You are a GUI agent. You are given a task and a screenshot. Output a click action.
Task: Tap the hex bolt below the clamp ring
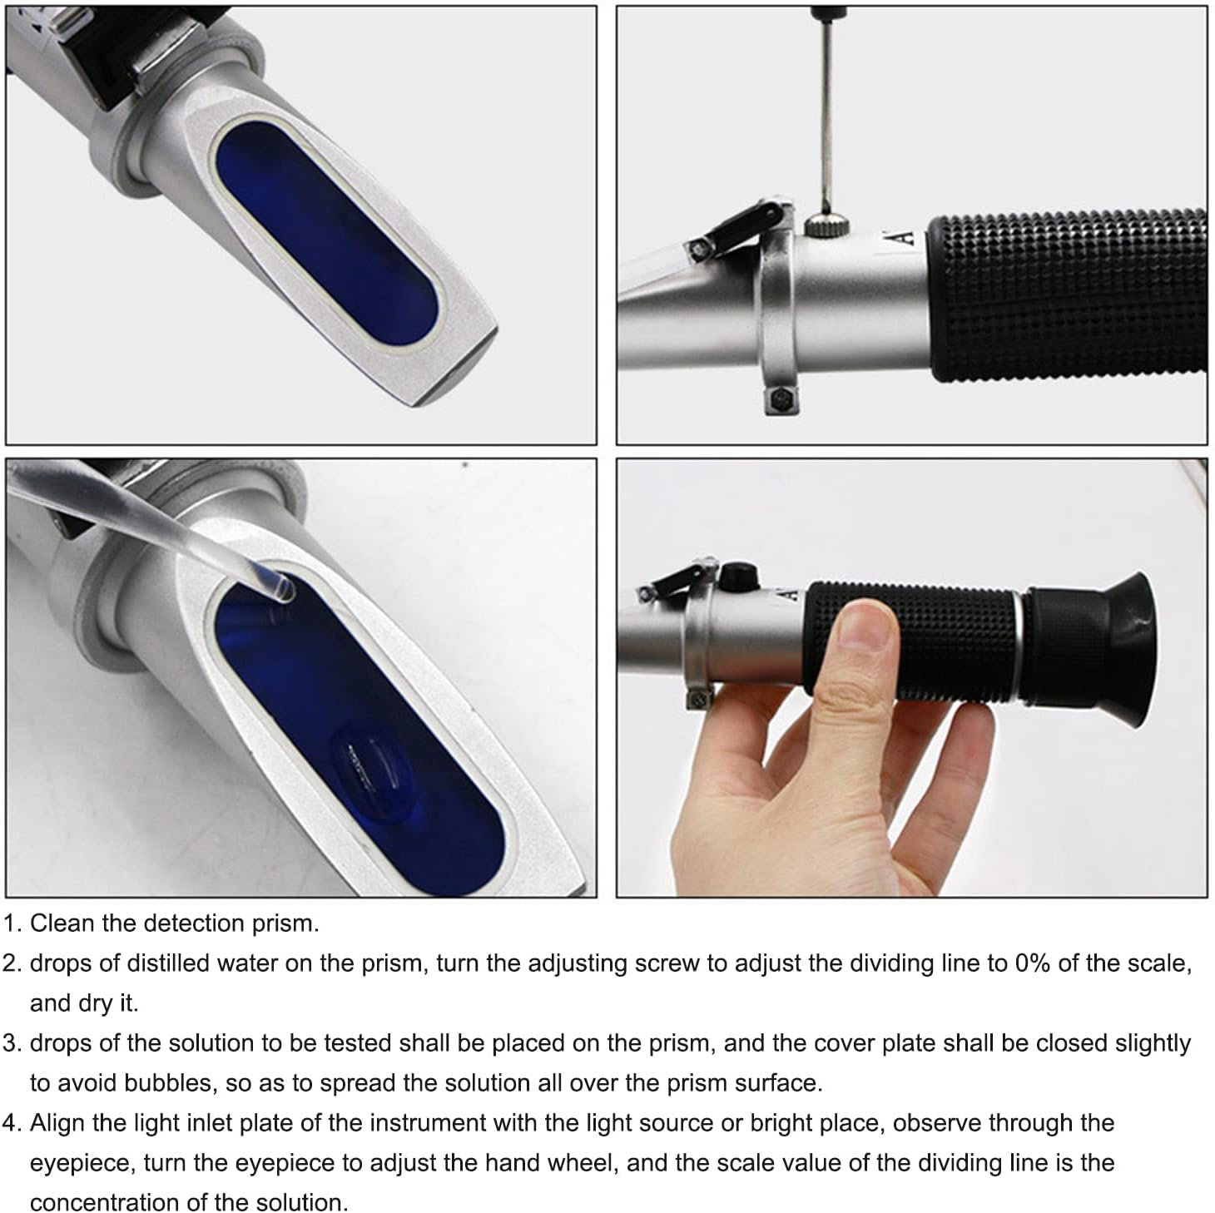781,400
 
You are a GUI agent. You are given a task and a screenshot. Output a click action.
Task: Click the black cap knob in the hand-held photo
738,576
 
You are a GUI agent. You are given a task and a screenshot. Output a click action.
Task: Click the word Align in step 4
57,1122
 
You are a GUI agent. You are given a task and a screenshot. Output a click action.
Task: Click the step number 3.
10,1042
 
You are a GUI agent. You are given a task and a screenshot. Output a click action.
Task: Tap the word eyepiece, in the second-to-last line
80,1162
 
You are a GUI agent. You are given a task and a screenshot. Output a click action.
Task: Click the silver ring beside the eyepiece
1019,645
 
